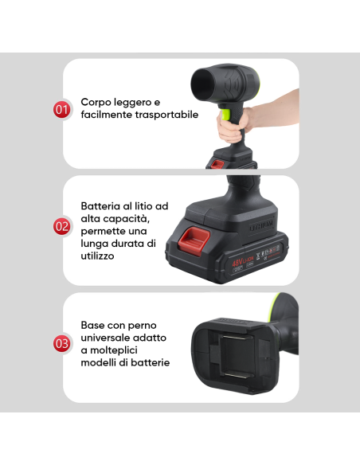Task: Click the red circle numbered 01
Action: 62,109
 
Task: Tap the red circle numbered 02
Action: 62,226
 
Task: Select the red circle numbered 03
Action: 62,344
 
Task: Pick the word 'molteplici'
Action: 140,350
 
